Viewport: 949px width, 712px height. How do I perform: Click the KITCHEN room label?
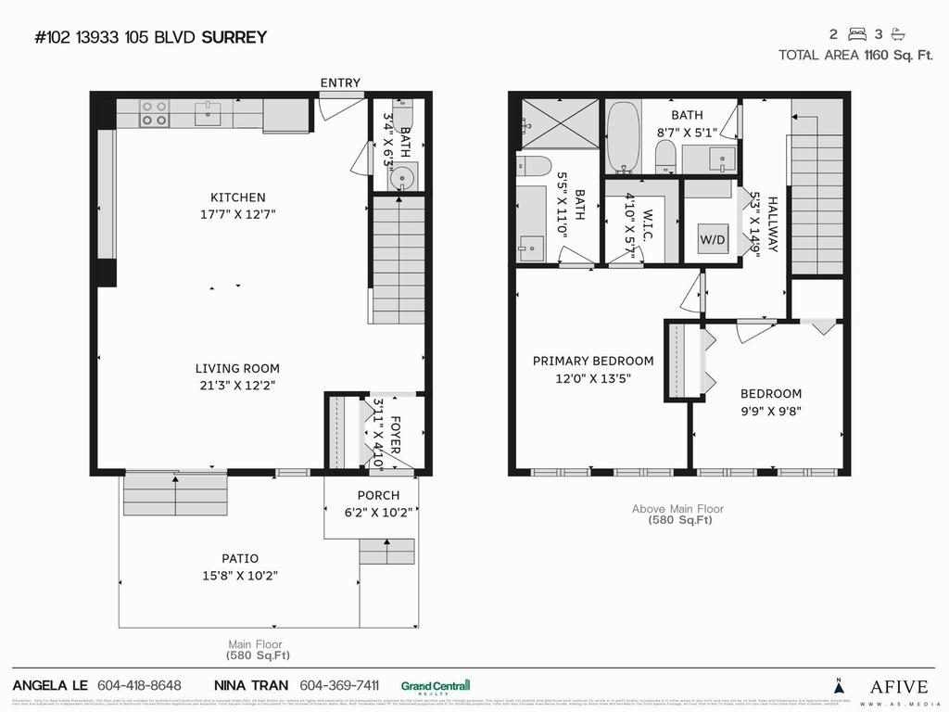pos(238,197)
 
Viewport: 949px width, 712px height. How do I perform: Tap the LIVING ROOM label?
pos(237,368)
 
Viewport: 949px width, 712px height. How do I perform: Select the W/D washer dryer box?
pos(713,240)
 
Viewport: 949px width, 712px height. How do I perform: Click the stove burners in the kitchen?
pos(154,113)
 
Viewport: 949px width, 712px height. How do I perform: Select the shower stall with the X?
pos(559,122)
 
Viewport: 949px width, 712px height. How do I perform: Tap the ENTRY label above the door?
pos(340,83)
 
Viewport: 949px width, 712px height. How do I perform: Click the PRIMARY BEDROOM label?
pos(593,361)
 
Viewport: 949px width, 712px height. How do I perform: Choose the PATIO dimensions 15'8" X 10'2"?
pos(240,575)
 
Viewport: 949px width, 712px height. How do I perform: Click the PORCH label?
pos(378,495)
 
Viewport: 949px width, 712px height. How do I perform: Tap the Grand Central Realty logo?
pos(436,686)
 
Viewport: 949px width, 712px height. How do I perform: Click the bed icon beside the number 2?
pos(857,34)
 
